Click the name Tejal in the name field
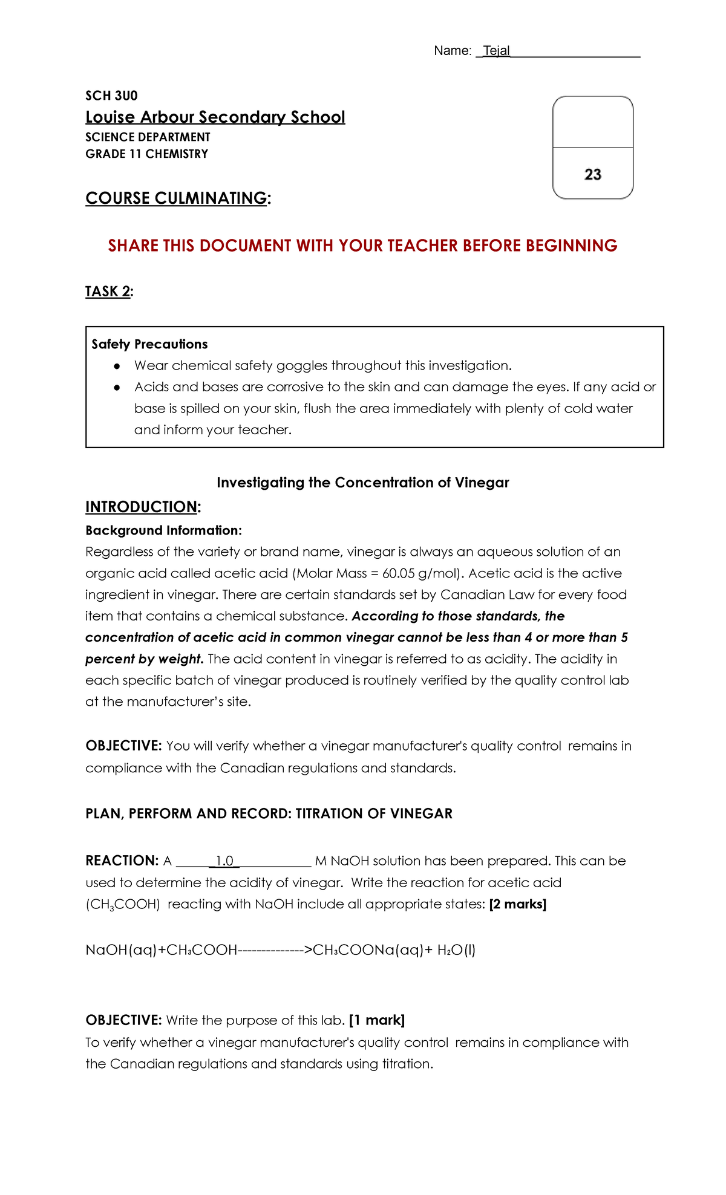[496, 51]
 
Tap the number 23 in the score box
[593, 175]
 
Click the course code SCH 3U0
[111, 96]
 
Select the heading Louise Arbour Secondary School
[215, 117]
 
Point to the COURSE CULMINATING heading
[177, 198]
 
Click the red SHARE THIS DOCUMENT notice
[362, 246]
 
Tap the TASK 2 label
[108, 291]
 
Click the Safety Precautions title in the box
[149, 344]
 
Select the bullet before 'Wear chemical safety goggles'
[117, 366]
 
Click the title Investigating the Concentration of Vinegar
[362, 483]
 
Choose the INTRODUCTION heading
[142, 507]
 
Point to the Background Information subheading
[163, 530]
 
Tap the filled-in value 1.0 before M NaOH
[224, 861]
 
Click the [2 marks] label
[517, 904]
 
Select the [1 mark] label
[377, 1020]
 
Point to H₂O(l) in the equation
[456, 950]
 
